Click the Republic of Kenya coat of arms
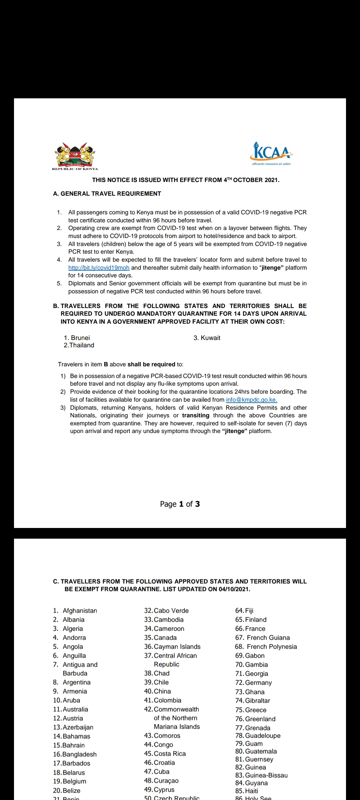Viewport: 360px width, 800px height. tap(75, 155)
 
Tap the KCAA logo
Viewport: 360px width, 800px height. tap(271, 154)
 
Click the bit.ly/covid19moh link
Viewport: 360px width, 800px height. tap(99, 268)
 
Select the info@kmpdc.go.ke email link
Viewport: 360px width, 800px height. tap(251, 400)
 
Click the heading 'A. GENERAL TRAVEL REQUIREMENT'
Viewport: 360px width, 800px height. tap(107, 194)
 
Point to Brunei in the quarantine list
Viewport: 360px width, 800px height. tap(80, 338)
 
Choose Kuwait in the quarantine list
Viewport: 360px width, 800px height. tap(210, 338)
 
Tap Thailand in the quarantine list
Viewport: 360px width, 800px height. tap(81, 345)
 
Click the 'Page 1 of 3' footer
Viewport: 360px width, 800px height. tap(180, 504)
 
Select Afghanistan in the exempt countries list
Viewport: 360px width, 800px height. tap(80, 611)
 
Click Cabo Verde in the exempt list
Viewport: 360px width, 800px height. tap(171, 611)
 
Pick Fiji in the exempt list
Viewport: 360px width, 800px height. tap(249, 611)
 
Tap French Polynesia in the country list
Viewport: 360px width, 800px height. tap(271, 647)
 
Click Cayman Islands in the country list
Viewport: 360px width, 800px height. tap(177, 647)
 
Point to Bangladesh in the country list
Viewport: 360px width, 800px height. tap(79, 754)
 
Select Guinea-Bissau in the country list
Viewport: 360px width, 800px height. tap(266, 775)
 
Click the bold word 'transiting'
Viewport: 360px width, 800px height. tap(196, 415)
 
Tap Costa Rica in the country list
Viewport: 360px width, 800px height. tap(170, 754)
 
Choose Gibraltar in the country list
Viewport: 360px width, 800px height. tap(257, 701)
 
